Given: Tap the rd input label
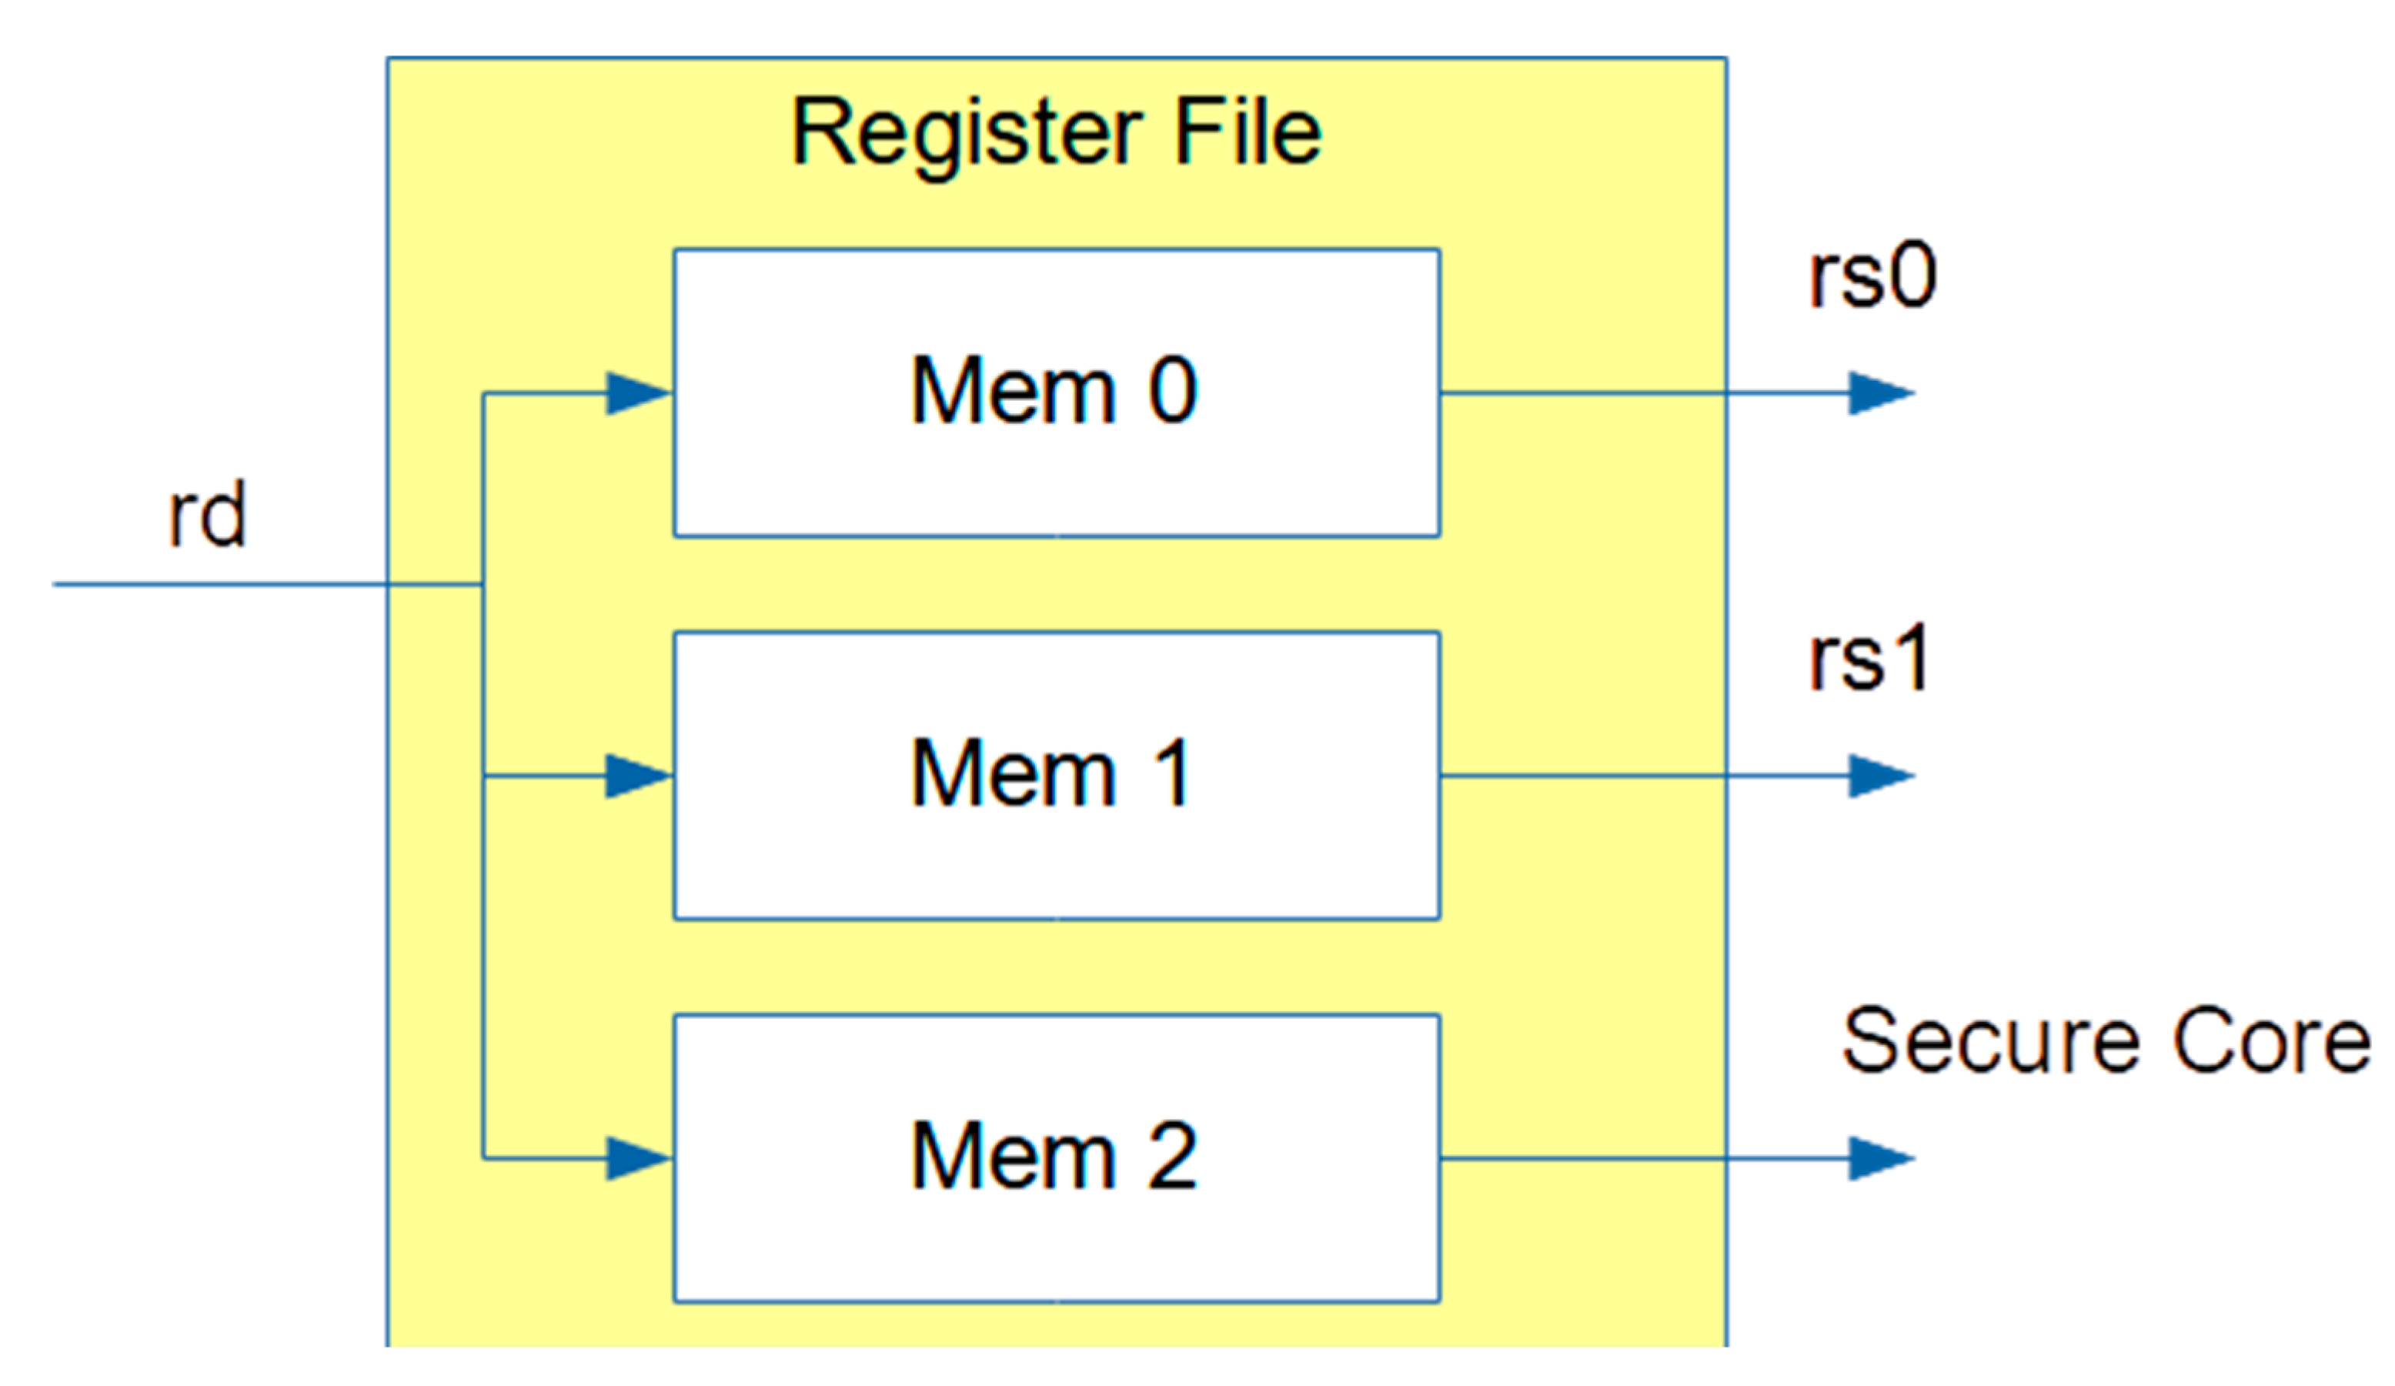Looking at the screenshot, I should point(207,516).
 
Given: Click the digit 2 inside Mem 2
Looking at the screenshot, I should point(1172,1156).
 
